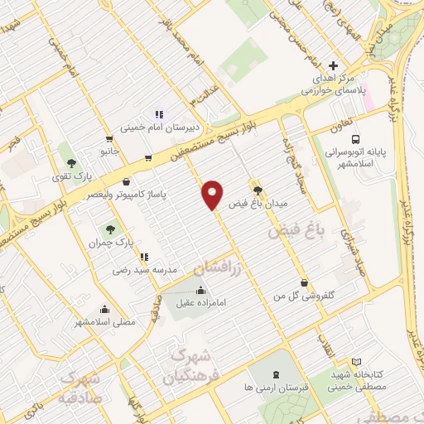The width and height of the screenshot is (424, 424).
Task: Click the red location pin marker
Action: click(x=213, y=194)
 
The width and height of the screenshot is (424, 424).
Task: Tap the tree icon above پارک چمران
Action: click(x=108, y=229)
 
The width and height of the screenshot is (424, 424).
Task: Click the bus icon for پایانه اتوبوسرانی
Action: click(x=354, y=140)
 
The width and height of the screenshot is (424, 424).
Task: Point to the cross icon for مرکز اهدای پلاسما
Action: click(x=333, y=65)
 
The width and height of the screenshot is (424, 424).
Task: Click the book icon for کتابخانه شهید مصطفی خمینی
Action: click(x=357, y=362)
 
